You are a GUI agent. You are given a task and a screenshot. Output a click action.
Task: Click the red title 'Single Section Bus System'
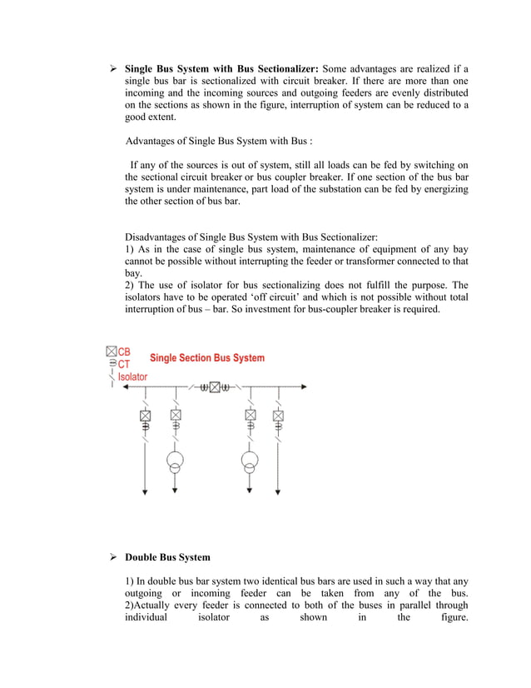[x=207, y=358]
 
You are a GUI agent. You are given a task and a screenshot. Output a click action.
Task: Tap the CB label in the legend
[x=124, y=351]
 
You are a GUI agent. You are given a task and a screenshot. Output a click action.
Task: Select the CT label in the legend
[x=124, y=364]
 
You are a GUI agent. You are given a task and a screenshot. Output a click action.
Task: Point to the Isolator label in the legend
[x=132, y=376]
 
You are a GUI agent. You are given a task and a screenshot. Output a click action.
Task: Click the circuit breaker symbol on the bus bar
[x=214, y=386]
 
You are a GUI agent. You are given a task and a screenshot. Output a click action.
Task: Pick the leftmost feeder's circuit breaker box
[x=145, y=415]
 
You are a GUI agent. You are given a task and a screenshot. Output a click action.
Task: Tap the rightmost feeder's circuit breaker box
[x=278, y=415]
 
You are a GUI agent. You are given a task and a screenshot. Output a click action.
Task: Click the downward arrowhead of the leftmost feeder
[x=145, y=493]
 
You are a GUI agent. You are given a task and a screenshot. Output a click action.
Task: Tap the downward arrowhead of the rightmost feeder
[x=278, y=493]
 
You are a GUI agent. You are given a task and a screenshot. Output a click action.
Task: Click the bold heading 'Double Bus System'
[x=167, y=557]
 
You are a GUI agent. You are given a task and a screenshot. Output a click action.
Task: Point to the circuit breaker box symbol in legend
[x=111, y=351]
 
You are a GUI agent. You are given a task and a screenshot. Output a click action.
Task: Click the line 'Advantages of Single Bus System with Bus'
[x=218, y=140]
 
